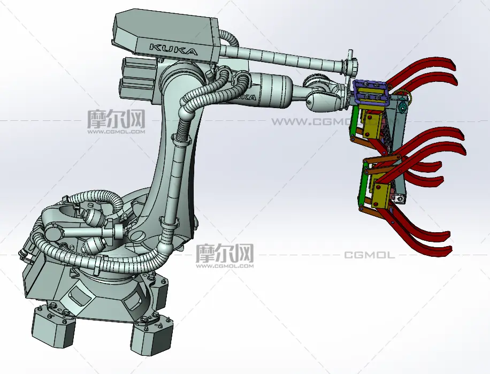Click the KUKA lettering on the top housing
(x=173, y=49)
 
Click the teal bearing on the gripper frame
(x=402, y=108)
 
